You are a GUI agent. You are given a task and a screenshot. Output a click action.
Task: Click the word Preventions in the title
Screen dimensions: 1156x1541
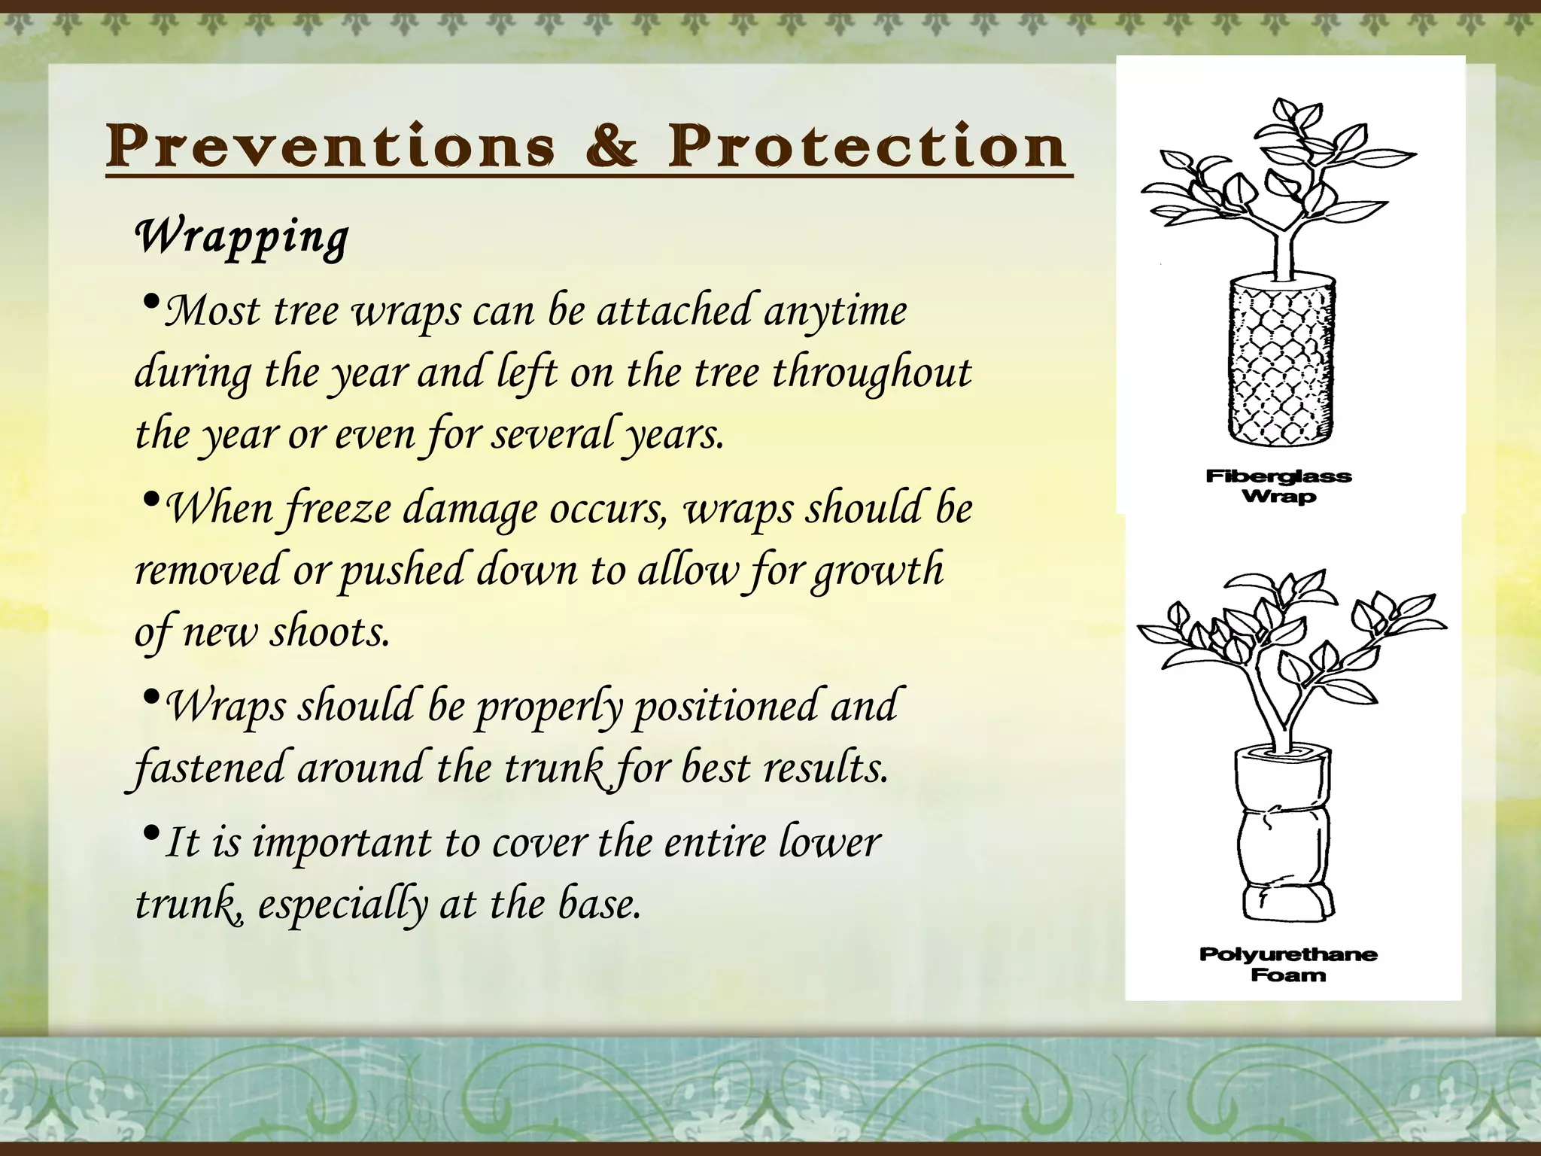(330, 146)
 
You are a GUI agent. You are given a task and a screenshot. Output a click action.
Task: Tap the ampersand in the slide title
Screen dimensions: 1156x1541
(611, 146)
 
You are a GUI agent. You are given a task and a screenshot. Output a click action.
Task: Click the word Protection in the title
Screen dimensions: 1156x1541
(866, 146)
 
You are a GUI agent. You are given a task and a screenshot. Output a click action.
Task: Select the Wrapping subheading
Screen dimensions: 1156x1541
(242, 236)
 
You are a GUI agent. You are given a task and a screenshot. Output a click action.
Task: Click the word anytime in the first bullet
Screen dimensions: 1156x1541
(835, 312)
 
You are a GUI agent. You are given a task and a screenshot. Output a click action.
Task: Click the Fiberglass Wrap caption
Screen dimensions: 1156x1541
(1278, 486)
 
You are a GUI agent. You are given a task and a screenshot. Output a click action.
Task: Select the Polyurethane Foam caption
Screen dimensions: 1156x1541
(1288, 965)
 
